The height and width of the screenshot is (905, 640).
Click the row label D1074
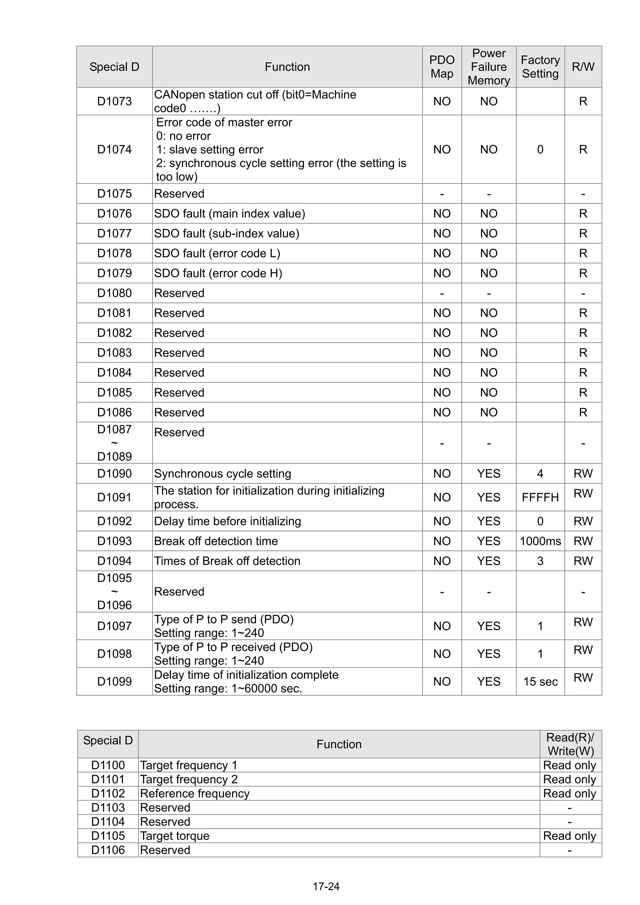tap(114, 149)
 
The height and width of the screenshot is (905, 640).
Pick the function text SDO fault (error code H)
tap(218, 273)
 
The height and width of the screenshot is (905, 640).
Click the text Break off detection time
tap(216, 541)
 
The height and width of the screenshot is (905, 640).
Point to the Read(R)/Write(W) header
tap(570, 744)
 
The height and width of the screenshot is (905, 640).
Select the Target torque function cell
tap(175, 836)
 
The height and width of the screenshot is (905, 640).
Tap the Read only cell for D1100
tap(569, 765)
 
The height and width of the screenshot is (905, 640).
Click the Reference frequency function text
tap(195, 793)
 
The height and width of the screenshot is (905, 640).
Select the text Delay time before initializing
tap(227, 521)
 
